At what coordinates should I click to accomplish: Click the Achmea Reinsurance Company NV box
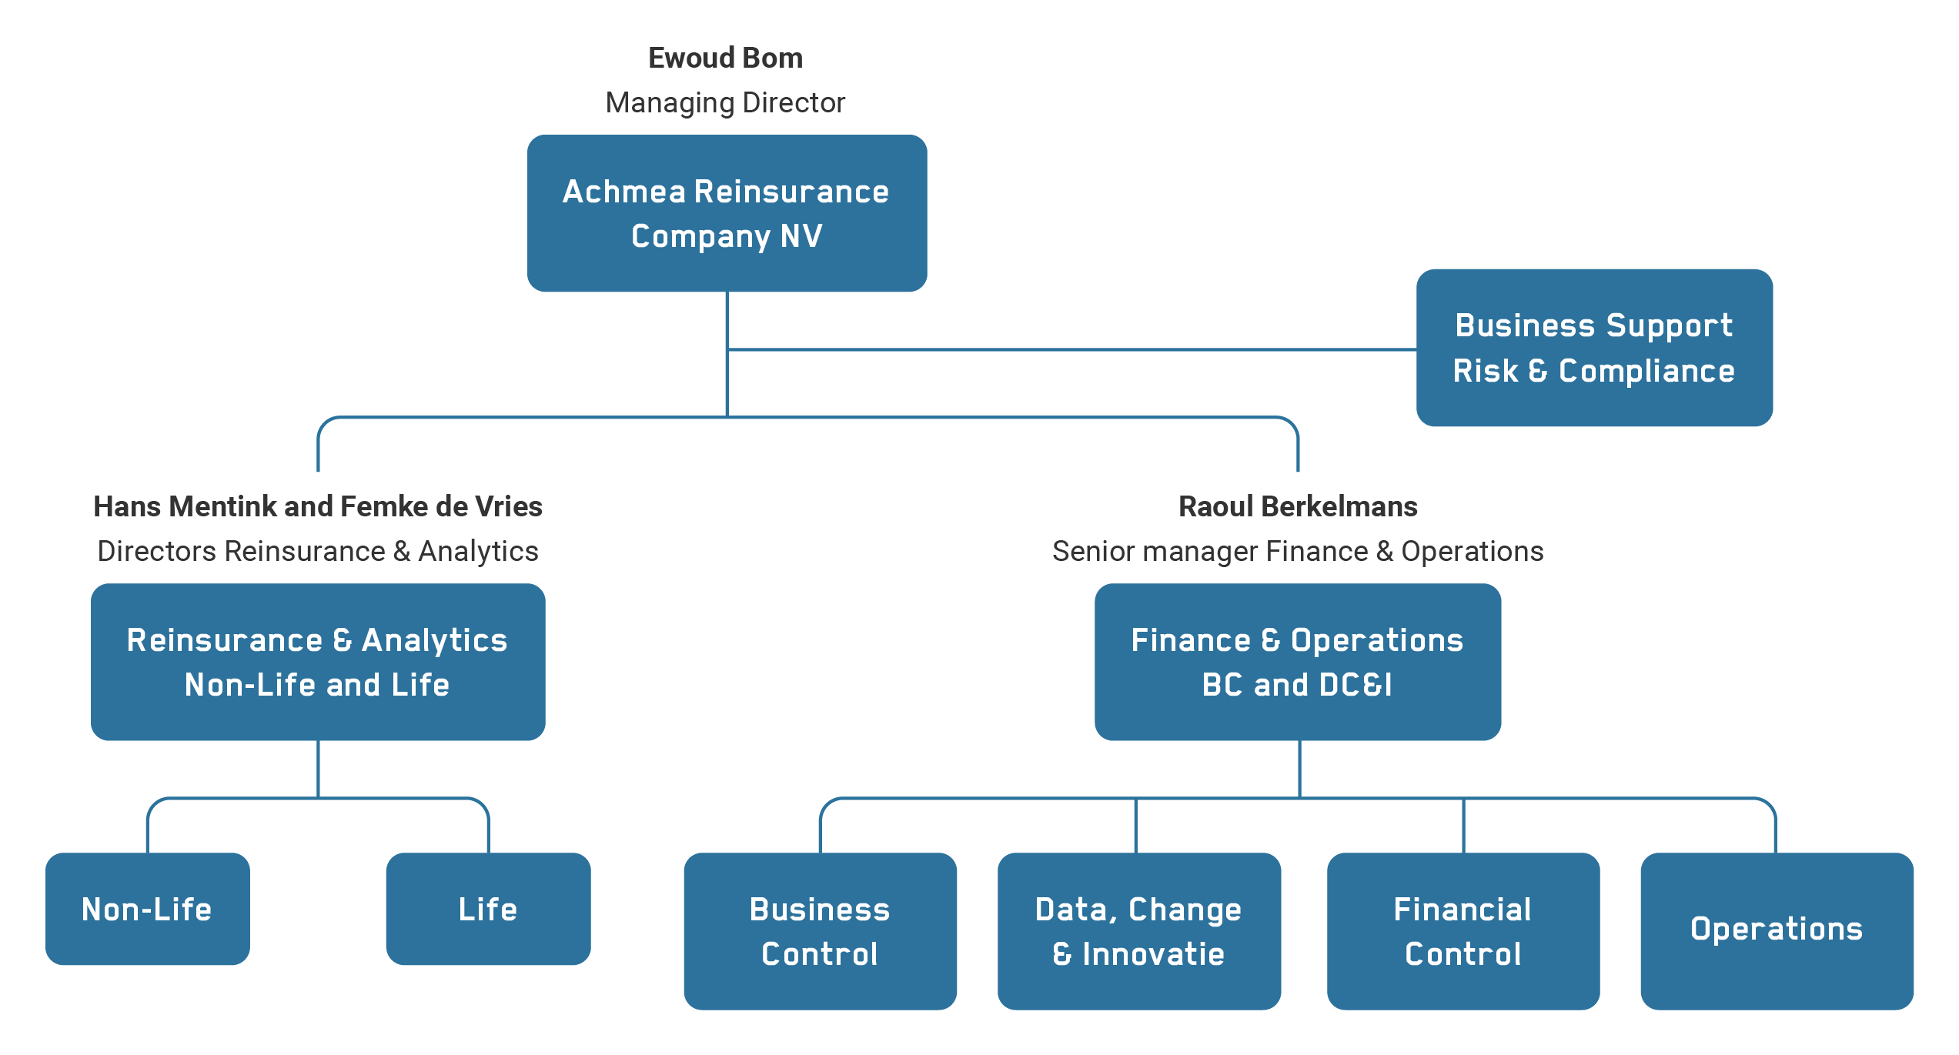point(727,213)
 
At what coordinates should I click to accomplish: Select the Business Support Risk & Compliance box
point(1593,347)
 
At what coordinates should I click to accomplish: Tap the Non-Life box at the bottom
point(147,908)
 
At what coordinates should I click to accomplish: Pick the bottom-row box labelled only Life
point(487,908)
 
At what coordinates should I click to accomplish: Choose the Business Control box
point(819,930)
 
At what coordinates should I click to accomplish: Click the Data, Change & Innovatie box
point(1138,930)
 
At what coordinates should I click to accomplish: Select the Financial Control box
point(1463,930)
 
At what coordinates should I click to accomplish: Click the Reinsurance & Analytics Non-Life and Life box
point(317,662)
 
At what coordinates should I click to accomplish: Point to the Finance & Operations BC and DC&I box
point(1297,662)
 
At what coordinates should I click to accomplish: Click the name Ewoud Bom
point(725,58)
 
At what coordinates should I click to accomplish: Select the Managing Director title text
point(725,102)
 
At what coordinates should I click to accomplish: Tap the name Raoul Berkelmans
point(1298,506)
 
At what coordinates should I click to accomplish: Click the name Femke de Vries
point(441,506)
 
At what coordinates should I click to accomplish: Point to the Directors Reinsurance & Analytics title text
point(317,551)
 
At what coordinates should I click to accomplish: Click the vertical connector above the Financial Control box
point(1463,825)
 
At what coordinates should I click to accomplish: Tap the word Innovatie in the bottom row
point(1153,954)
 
